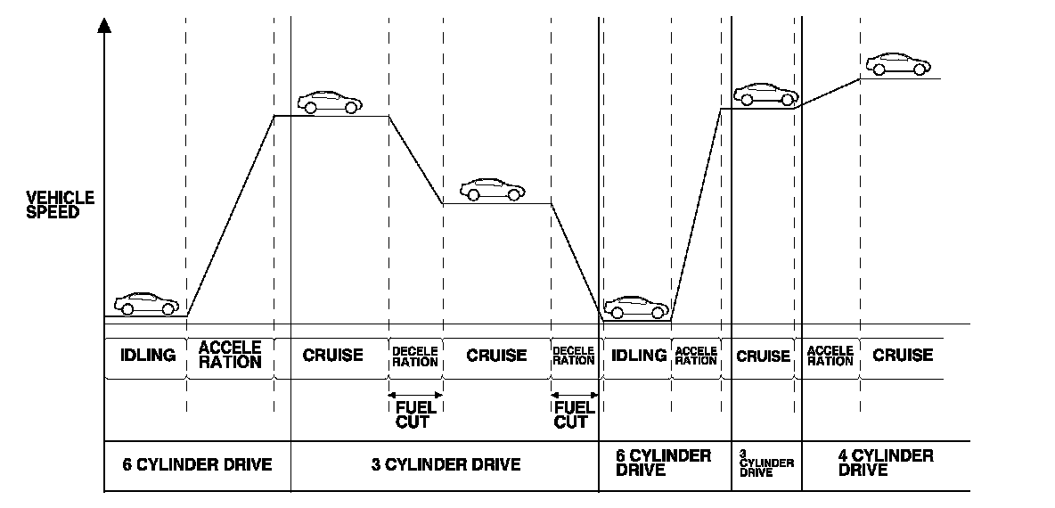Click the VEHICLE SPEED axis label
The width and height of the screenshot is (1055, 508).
coord(61,204)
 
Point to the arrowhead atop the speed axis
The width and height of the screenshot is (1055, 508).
coord(105,24)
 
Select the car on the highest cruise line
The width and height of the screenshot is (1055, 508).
coord(897,64)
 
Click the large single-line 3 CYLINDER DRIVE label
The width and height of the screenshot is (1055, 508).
coord(446,464)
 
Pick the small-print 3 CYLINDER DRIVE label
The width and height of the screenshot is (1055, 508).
coord(766,463)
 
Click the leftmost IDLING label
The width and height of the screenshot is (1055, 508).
coord(146,355)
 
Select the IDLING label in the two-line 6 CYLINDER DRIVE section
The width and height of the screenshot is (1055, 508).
coord(638,355)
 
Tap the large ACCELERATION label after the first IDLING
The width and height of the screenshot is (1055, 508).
coord(230,355)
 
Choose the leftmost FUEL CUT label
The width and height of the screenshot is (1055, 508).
coord(415,414)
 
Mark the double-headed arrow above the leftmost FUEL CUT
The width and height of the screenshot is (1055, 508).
coord(415,395)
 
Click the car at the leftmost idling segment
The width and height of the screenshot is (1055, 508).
coord(146,303)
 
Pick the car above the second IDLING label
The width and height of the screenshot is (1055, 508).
coord(636,307)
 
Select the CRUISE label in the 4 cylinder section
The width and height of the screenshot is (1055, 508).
coord(903,355)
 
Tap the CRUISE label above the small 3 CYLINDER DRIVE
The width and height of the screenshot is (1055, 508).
coord(764,356)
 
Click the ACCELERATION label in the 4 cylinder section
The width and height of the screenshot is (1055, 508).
coord(830,356)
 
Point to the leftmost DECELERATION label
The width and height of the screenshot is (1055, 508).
coord(415,356)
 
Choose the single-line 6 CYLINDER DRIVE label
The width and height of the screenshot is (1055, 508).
coord(197,464)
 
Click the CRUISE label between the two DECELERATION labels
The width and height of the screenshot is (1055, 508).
coord(496,355)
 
